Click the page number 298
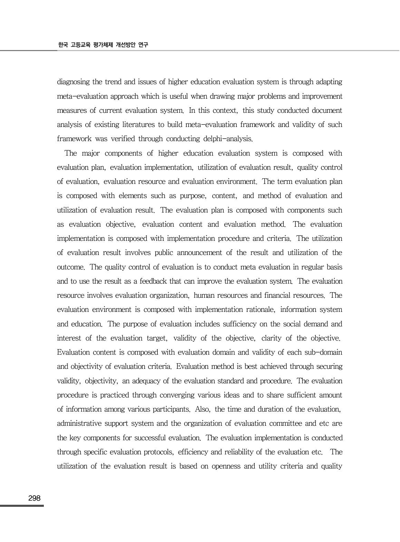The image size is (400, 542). coord(34,498)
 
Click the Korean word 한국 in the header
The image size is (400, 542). coord(63,45)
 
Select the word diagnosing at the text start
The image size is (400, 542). coord(73,82)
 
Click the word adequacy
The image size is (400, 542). coord(150,381)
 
